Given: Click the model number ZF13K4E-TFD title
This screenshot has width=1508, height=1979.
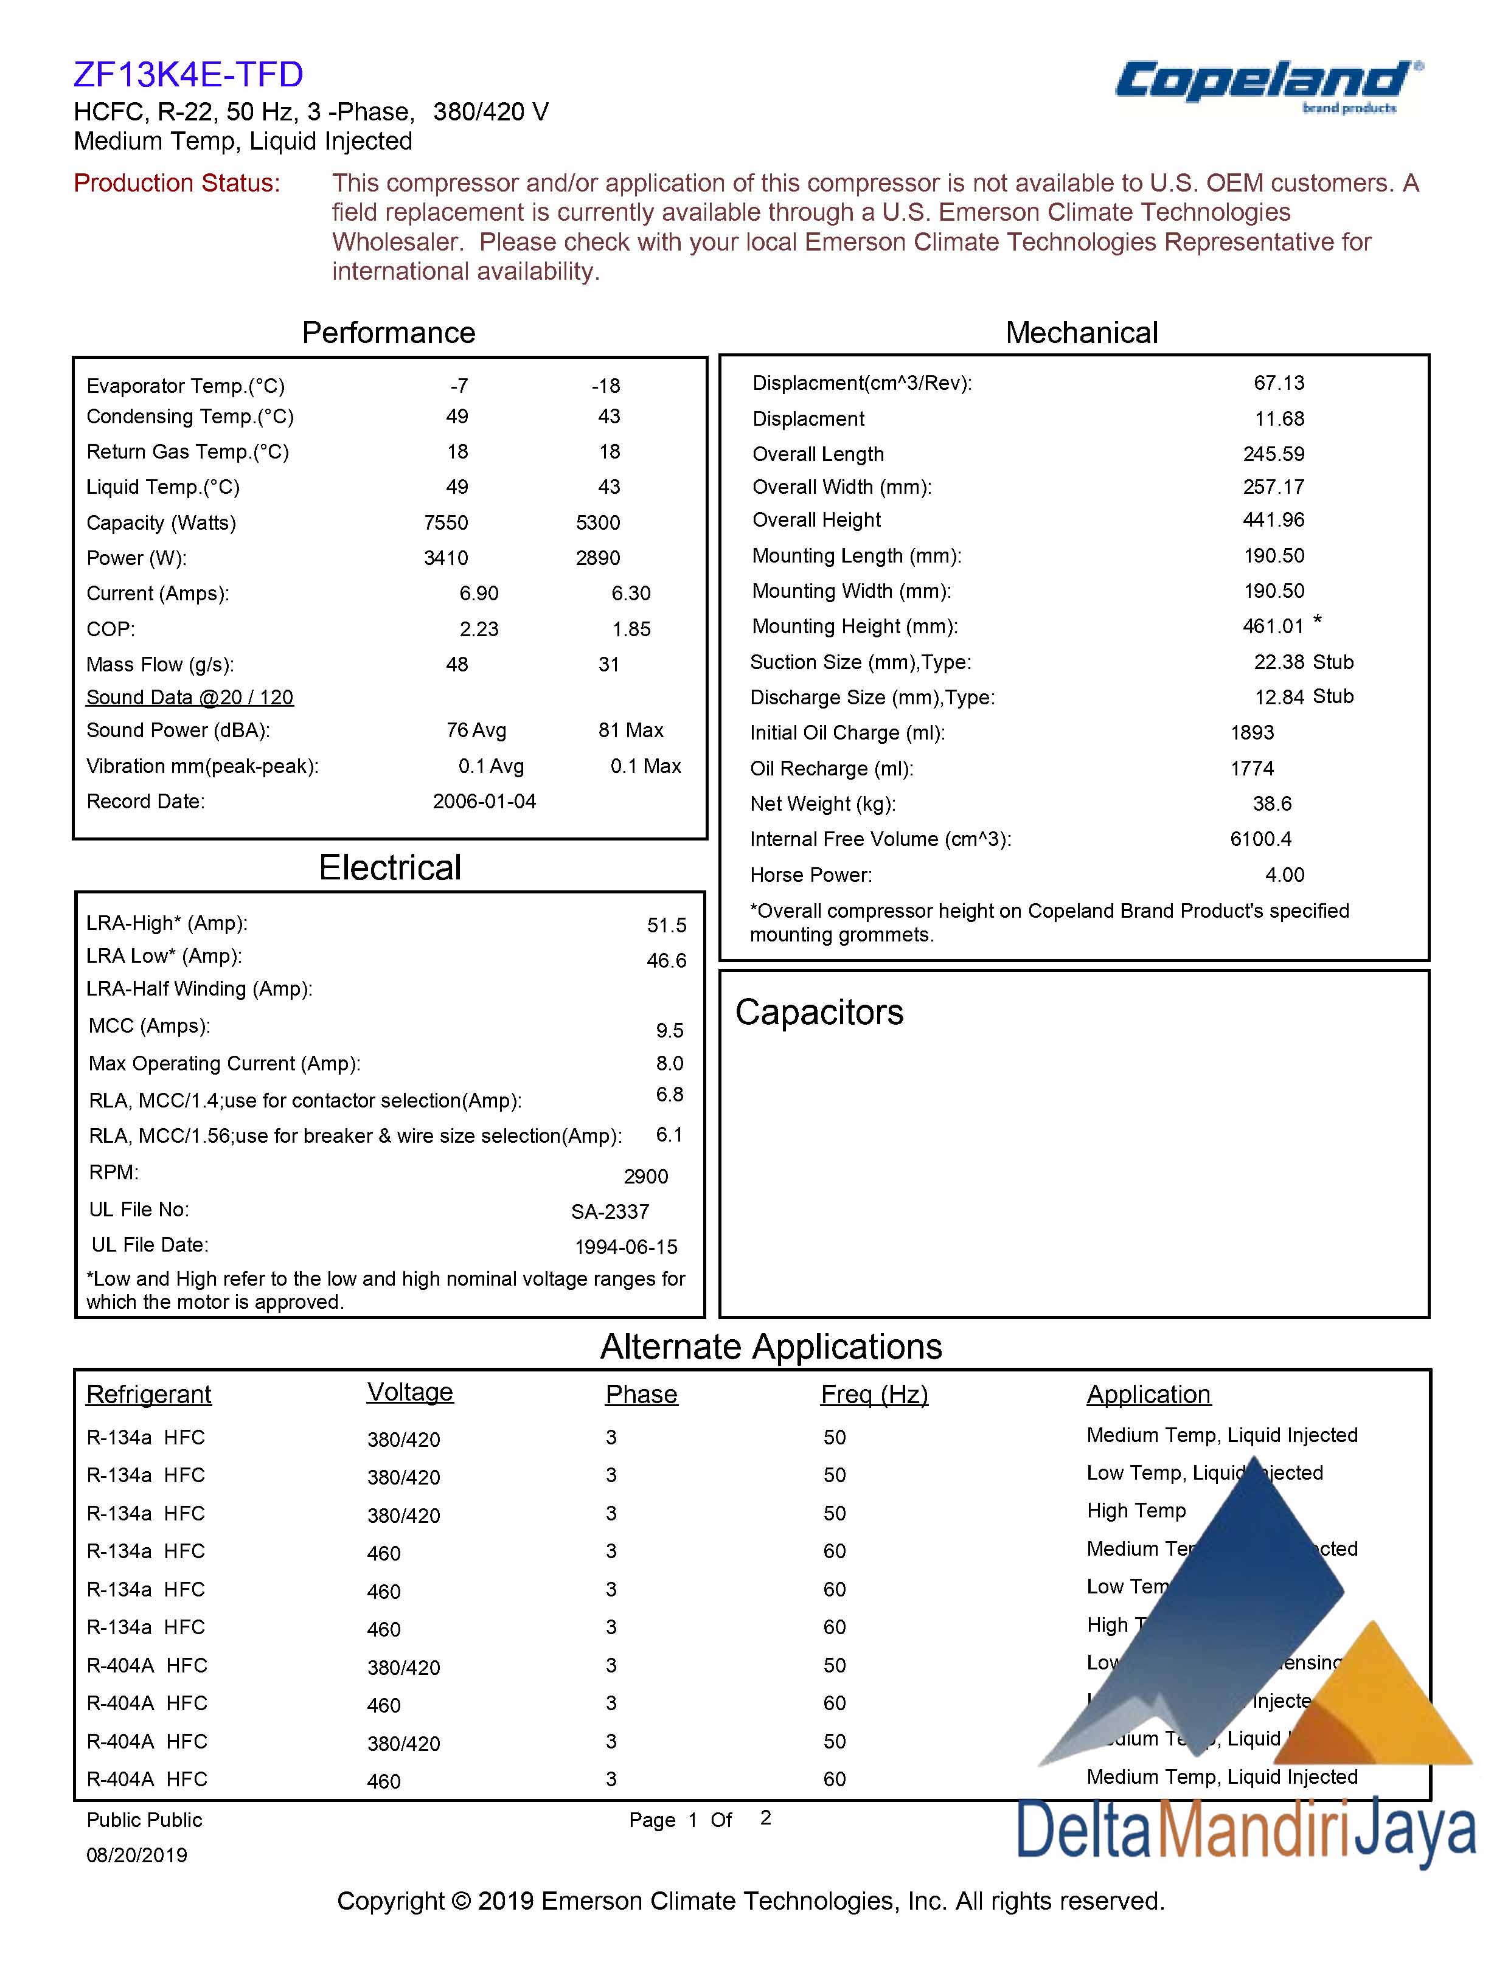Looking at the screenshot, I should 189,74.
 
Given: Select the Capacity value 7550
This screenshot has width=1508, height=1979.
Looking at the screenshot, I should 446,522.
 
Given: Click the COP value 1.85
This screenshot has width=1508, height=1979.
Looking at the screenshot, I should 631,629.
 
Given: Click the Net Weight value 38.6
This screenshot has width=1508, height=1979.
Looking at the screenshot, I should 1272,803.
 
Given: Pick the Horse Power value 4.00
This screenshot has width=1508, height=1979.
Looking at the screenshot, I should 1285,875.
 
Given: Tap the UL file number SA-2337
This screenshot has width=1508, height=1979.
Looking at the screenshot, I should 610,1211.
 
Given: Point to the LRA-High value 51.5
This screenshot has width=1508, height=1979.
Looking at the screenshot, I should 666,925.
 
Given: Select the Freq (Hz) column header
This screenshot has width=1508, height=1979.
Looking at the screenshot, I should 874,1394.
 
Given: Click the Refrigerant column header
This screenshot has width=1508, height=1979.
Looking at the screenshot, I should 149,1394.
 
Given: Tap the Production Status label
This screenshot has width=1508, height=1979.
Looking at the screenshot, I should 177,183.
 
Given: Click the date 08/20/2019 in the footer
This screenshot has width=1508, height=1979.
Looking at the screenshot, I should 136,1855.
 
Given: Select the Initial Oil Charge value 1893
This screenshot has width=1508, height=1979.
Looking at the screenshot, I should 1252,732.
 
